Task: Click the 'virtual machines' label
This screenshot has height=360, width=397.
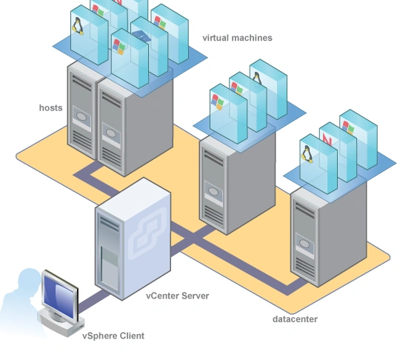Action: coord(237,38)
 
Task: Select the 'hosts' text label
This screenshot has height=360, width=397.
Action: coord(50,108)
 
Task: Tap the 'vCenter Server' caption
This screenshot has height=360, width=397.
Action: coord(177,296)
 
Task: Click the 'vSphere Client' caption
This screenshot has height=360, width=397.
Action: coord(113,336)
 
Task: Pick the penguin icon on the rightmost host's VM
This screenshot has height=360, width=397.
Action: coord(305,153)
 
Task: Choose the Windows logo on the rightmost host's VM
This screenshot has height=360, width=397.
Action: coord(347,127)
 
